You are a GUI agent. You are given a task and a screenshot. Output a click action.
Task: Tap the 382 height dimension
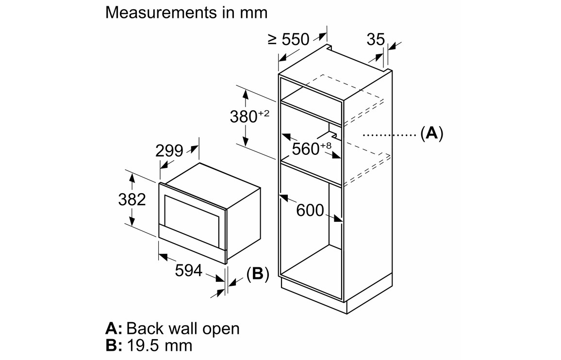[x=132, y=199]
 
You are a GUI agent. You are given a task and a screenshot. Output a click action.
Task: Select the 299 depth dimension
[x=169, y=151]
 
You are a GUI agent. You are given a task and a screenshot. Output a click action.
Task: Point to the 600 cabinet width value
[x=310, y=210]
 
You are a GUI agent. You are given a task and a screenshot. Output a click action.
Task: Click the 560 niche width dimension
[x=305, y=149]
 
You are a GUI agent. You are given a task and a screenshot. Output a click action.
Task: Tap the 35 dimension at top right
[x=375, y=40]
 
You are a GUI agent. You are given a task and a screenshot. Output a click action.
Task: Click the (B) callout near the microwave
[x=257, y=274]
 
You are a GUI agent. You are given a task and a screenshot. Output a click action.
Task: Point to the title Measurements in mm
[x=186, y=12]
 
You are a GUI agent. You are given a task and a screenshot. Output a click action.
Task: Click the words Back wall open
[x=183, y=328]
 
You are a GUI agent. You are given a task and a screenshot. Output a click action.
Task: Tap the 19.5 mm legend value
[x=159, y=345]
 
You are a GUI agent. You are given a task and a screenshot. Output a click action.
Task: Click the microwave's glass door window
[x=192, y=214]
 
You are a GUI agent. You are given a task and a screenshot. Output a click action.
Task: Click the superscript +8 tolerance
[x=325, y=145]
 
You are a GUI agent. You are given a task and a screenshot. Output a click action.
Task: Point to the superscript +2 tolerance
[x=264, y=113]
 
